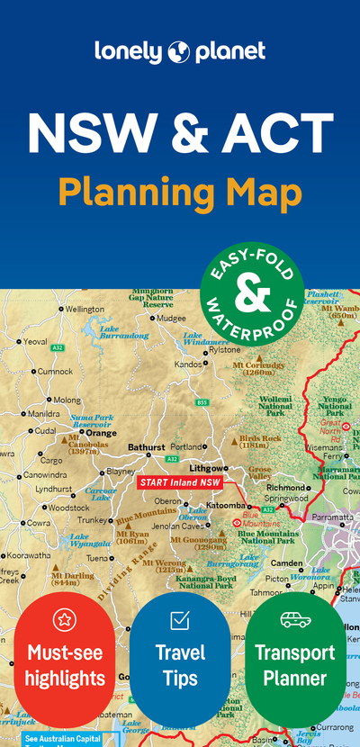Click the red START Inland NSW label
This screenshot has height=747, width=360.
coord(181,482)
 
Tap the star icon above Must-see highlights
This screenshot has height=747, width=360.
coord(65,619)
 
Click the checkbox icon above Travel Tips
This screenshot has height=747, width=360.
coord(180,620)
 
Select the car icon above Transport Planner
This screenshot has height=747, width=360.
coord(295,620)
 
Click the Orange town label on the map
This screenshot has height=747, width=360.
coord(101,433)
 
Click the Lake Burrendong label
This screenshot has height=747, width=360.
coord(122,333)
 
